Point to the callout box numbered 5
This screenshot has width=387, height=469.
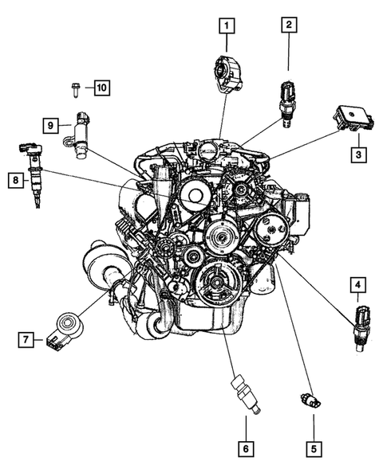pyautogui.click(x=314, y=448)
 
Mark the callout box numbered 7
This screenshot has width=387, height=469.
pyautogui.click(x=26, y=340)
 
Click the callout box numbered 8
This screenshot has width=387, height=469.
pyautogui.click(x=15, y=182)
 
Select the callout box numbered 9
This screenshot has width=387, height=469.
pyautogui.click(x=49, y=125)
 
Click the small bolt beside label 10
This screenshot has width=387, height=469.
pyautogui.click(x=74, y=88)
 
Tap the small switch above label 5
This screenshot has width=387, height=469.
pyautogui.click(x=308, y=399)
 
